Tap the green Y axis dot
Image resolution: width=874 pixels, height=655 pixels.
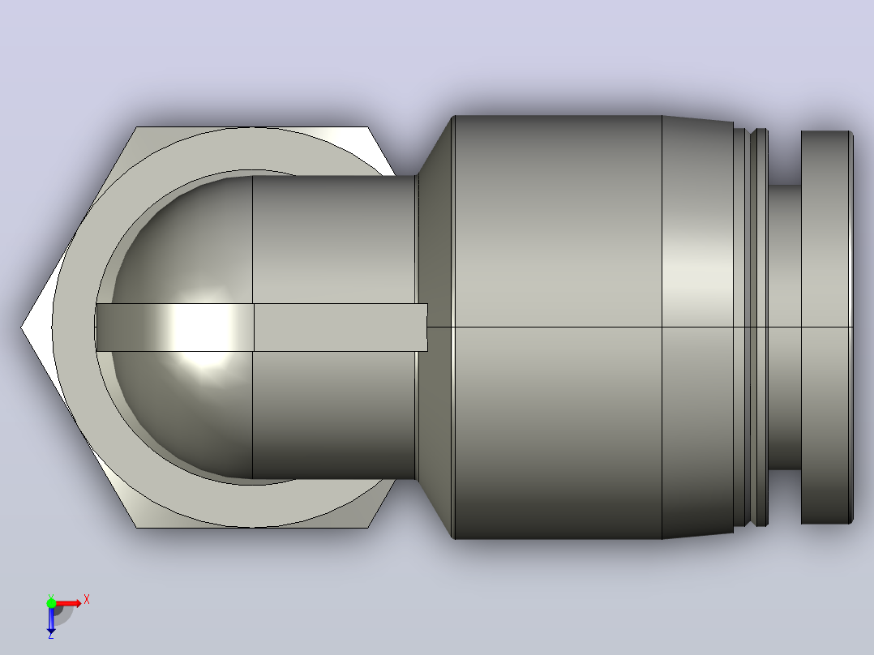(x=51, y=603)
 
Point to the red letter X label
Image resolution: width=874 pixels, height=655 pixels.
(x=87, y=600)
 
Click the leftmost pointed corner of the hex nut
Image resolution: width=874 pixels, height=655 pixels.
(x=21, y=327)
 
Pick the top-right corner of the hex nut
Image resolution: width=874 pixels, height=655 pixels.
(x=368, y=127)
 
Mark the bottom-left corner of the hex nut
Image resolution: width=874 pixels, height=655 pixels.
(x=136, y=528)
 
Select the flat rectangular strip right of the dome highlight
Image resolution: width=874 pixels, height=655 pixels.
(x=341, y=327)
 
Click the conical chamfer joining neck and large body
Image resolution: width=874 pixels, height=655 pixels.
(x=435, y=327)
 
